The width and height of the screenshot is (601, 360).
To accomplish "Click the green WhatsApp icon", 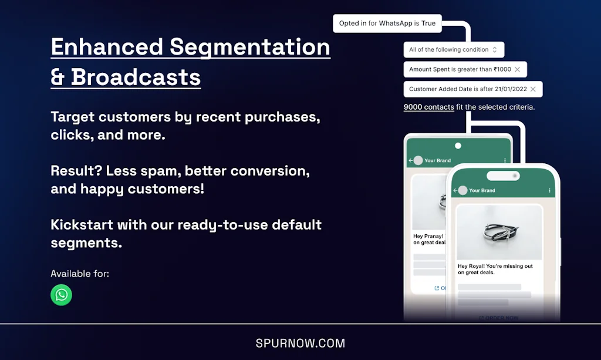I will (x=61, y=295).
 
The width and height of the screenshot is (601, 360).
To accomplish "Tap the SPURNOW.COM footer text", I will (x=300, y=343).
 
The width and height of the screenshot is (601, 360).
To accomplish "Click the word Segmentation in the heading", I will (x=250, y=47).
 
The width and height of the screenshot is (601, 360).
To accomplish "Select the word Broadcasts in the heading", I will (x=136, y=77).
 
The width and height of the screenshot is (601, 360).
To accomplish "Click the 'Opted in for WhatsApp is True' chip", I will (x=387, y=23).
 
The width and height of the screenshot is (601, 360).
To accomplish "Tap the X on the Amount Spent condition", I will (x=517, y=69).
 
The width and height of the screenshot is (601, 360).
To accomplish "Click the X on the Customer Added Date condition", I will (x=533, y=89).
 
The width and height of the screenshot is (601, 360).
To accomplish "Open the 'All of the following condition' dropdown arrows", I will (x=494, y=50).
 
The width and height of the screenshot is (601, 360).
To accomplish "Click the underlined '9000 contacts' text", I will (x=428, y=107).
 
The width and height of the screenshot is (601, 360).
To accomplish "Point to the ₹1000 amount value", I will (x=502, y=69).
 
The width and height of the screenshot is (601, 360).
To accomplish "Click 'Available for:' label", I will (x=80, y=274).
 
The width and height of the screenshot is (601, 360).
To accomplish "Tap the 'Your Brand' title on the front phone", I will (x=482, y=190).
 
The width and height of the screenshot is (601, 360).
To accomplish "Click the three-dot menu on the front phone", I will (x=549, y=190).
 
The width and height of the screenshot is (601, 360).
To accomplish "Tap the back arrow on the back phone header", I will (x=411, y=160).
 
